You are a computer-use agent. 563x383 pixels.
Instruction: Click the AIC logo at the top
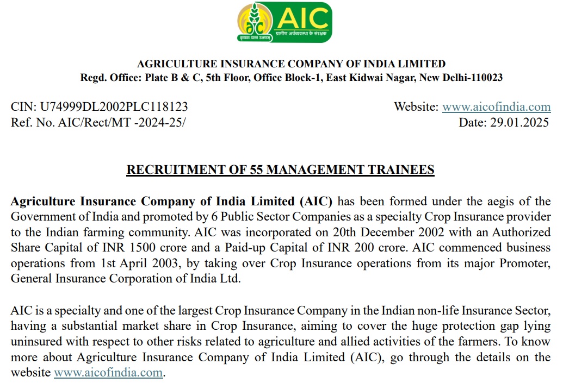(x=284, y=22)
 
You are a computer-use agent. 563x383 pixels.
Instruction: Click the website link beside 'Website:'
(x=496, y=107)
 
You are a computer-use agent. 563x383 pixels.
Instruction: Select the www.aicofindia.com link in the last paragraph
(x=108, y=373)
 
